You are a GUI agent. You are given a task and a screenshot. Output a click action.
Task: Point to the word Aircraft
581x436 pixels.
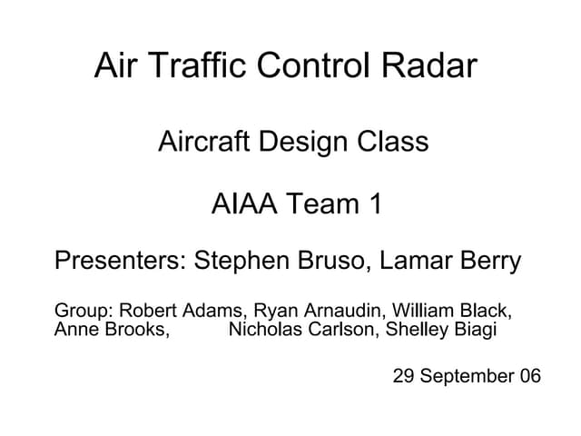(204, 143)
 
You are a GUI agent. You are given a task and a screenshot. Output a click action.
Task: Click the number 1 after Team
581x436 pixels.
(374, 204)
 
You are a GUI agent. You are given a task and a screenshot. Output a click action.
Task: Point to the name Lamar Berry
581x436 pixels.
(450, 262)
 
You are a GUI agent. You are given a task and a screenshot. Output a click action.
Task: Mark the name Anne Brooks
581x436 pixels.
(111, 329)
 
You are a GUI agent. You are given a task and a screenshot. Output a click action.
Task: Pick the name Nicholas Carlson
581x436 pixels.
(302, 329)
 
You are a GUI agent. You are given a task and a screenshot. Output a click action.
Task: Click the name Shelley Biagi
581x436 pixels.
(441, 329)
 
